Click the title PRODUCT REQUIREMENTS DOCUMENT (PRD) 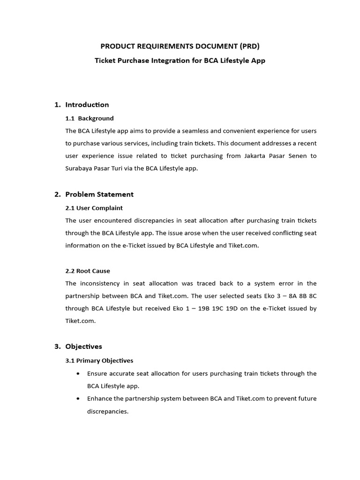click(x=180, y=46)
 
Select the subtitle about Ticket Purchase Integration click(x=180, y=60)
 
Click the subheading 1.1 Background click(x=90, y=118)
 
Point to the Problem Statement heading click(x=99, y=194)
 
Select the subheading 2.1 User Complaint click(x=94, y=208)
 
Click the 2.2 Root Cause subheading click(x=88, y=270)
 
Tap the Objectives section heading click(x=83, y=346)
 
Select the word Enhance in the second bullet click(x=100, y=399)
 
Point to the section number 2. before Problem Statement click(x=57, y=194)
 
